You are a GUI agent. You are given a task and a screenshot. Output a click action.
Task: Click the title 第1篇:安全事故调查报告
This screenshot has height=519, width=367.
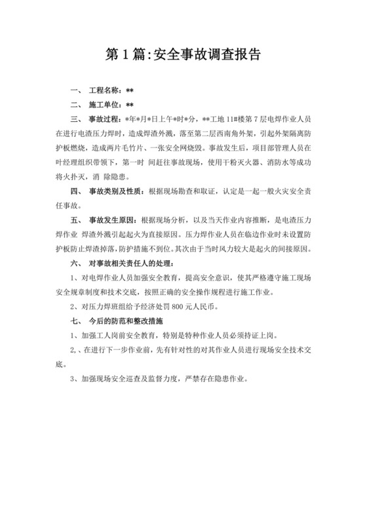point(183,54)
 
